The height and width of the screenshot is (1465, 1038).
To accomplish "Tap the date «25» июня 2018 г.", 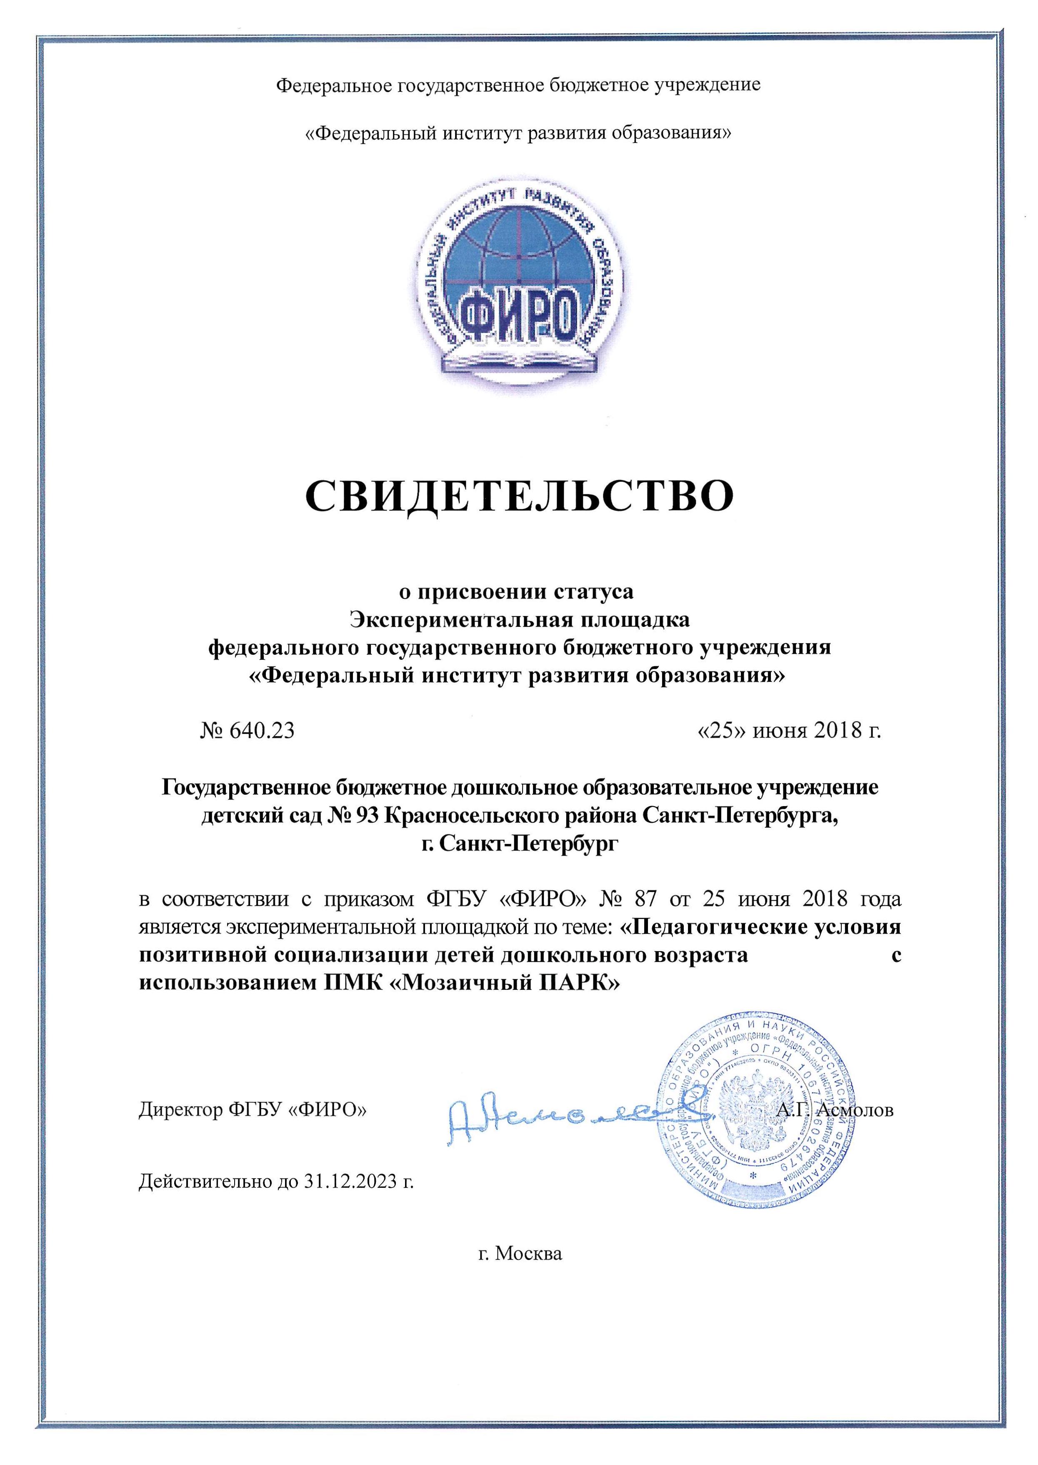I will point(788,731).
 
